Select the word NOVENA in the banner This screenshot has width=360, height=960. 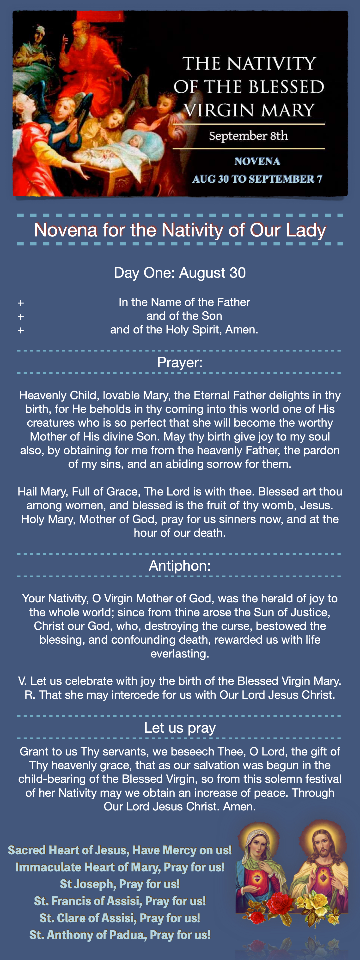[x=257, y=161]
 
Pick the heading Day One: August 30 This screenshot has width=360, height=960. [x=180, y=273]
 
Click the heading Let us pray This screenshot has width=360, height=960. [x=180, y=727]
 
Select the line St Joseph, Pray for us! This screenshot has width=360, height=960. [x=120, y=884]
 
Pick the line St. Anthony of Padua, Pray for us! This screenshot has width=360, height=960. [x=120, y=935]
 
